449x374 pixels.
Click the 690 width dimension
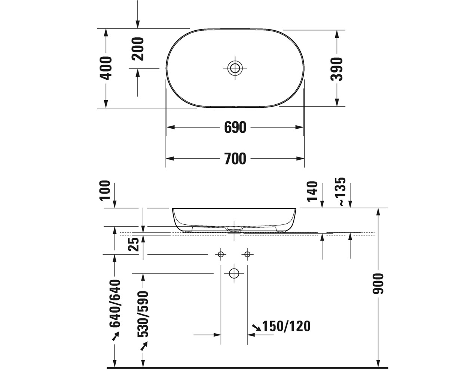point(235,127)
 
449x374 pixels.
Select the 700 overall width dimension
point(235,159)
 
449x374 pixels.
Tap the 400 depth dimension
point(106,68)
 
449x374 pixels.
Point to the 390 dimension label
point(337,69)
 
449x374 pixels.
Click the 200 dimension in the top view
point(138,49)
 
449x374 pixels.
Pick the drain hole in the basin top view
point(235,68)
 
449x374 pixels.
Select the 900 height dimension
point(378,283)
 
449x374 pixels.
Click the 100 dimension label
point(105,191)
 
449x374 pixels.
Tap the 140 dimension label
point(312,191)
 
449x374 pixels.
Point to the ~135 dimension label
point(340,191)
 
